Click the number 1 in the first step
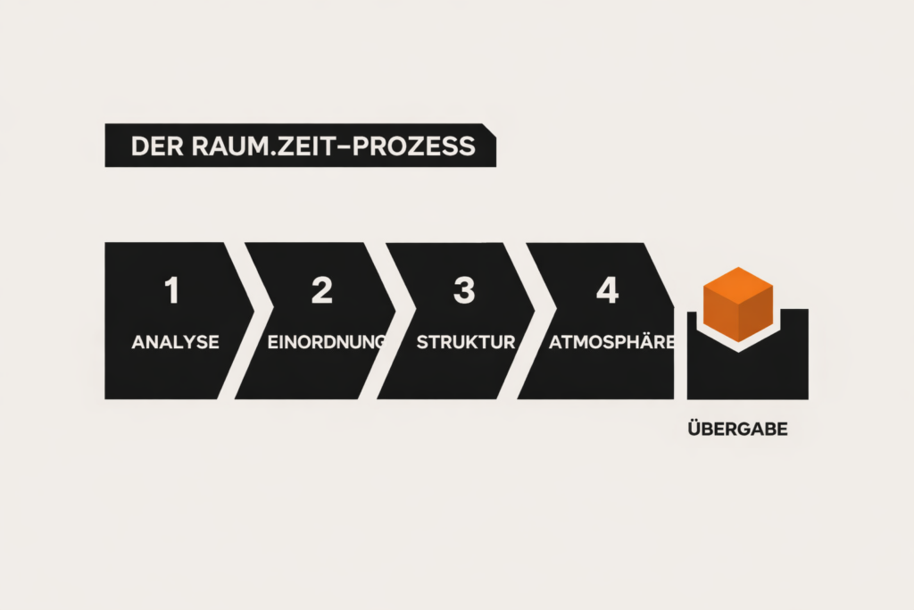tap(172, 291)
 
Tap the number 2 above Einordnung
tap(321, 291)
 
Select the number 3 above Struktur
tap(464, 291)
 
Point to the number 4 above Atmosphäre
tap(607, 291)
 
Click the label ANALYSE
tap(175, 342)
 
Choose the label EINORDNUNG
tap(327, 342)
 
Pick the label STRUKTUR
tap(466, 342)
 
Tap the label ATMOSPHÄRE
tap(611, 342)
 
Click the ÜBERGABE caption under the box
tap(738, 430)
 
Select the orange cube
tap(737, 304)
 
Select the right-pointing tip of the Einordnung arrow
tap(394, 321)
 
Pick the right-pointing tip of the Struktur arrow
tap(533, 321)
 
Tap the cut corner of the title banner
tap(489, 129)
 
